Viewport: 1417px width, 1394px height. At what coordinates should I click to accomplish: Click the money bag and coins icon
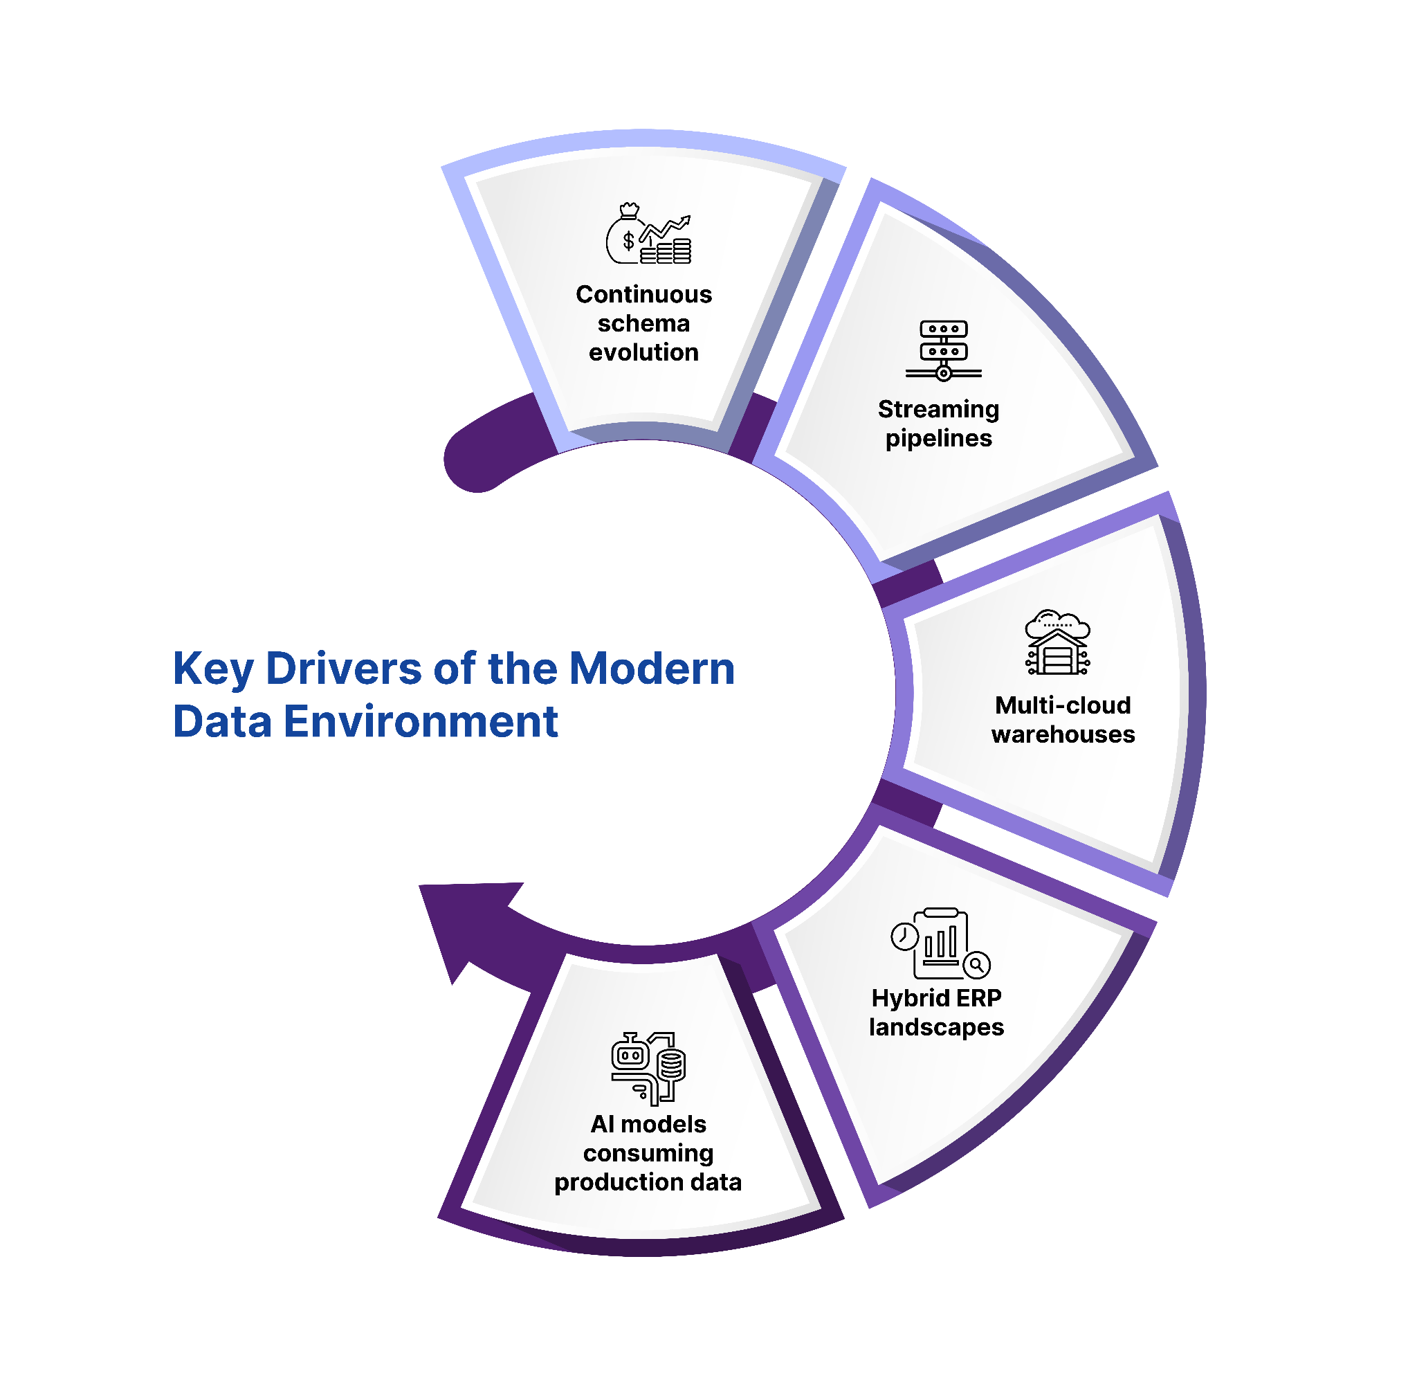tap(648, 234)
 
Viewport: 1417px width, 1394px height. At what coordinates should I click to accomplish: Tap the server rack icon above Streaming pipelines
tap(944, 351)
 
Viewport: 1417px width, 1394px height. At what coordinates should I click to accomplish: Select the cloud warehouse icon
tap(1058, 642)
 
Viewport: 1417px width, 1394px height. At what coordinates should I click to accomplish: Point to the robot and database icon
tap(648, 1068)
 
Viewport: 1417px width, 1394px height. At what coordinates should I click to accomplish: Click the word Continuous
tap(643, 294)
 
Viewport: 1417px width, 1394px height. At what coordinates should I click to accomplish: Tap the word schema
tap(643, 324)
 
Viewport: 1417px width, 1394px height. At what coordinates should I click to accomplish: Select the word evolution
tap(643, 353)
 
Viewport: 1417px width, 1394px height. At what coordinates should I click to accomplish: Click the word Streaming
tap(938, 409)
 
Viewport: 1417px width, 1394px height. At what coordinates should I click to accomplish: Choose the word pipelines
tap(938, 439)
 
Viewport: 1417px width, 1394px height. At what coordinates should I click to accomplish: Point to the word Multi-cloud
tap(1063, 705)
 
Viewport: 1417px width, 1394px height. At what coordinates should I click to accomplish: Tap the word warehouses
tap(1063, 734)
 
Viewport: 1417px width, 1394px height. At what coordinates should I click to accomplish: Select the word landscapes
tap(936, 1027)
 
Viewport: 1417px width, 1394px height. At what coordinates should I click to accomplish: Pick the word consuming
tap(648, 1153)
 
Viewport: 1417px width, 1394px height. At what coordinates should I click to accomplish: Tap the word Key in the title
tap(213, 669)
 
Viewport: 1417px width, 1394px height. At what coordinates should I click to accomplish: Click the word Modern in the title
tap(651, 668)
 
